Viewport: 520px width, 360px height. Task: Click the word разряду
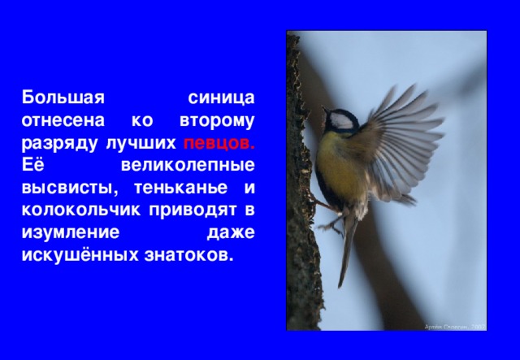[x=59, y=143]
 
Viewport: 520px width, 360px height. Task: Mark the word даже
[x=231, y=233]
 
